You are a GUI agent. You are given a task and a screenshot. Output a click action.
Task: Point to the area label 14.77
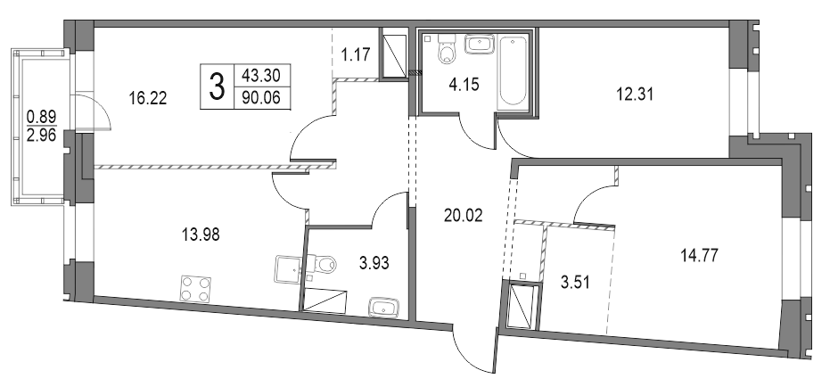pos(698,255)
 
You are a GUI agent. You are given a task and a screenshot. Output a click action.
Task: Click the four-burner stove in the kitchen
pos(196,288)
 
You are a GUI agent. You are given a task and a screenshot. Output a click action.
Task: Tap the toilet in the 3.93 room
pos(322,265)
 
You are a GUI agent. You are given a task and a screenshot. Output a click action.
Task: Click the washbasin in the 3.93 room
pos(385,308)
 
